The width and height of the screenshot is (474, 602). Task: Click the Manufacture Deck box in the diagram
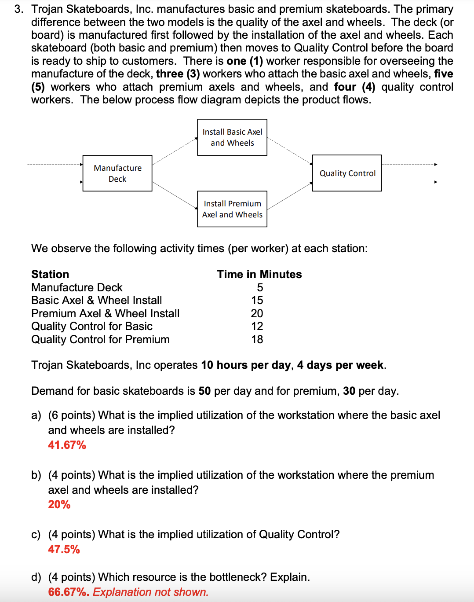[117, 173]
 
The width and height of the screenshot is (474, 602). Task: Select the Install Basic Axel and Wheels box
[232, 137]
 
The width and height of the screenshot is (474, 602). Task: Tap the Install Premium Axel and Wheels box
[232, 209]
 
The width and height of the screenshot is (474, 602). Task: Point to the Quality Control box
[347, 173]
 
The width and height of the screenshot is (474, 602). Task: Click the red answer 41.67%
[67, 445]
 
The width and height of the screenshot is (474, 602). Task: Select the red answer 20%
[59, 504]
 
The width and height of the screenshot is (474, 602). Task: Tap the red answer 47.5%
[64, 549]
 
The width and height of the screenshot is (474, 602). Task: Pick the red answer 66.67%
[69, 592]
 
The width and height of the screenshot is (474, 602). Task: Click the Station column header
[50, 274]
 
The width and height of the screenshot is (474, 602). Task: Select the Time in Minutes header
[259, 274]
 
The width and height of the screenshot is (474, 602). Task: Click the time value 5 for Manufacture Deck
[260, 287]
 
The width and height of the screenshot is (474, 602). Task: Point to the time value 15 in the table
[257, 300]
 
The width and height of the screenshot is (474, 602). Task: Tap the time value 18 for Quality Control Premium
[257, 339]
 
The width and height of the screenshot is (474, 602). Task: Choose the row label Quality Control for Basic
[92, 326]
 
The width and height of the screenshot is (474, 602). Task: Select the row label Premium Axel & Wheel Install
[106, 313]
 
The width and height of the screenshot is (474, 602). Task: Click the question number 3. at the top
[19, 9]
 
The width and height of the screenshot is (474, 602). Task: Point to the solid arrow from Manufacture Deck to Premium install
[175, 195]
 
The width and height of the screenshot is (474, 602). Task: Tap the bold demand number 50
[204, 391]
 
